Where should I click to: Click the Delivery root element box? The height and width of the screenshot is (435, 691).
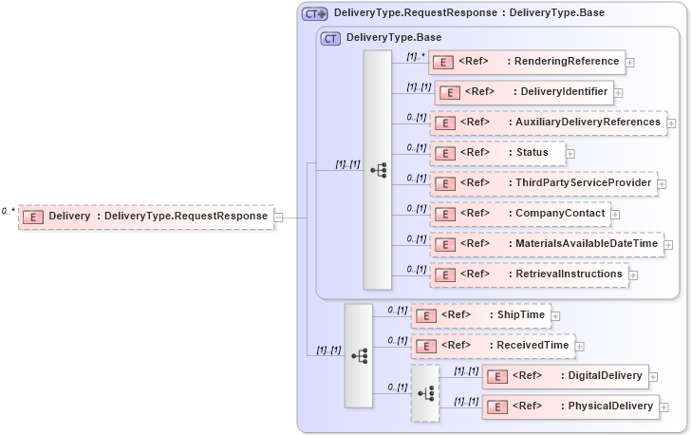pyautogui.click(x=146, y=217)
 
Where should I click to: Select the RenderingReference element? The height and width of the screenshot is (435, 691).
pyautogui.click(x=527, y=62)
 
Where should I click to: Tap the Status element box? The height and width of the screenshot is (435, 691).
pyautogui.click(x=497, y=153)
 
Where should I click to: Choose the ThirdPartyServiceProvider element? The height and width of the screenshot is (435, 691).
pyautogui.click(x=542, y=183)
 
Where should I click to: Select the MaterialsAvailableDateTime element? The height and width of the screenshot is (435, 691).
pyautogui.click(x=546, y=244)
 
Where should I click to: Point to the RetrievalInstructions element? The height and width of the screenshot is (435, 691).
pyautogui.click(x=529, y=274)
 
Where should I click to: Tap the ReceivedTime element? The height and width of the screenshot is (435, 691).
pyautogui.click(x=493, y=346)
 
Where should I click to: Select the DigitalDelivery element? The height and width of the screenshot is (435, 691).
pyautogui.click(x=566, y=376)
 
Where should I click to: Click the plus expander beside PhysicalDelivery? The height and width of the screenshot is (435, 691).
pyautogui.click(x=664, y=407)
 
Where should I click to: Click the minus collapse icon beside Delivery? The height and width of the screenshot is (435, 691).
pyautogui.click(x=278, y=217)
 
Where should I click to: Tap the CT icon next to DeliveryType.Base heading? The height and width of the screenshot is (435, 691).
pyautogui.click(x=331, y=39)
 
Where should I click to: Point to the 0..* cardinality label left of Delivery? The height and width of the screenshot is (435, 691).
pyautogui.click(x=9, y=211)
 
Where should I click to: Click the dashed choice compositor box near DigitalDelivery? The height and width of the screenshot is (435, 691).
pyautogui.click(x=425, y=391)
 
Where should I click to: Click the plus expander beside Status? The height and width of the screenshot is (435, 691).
pyautogui.click(x=570, y=154)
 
